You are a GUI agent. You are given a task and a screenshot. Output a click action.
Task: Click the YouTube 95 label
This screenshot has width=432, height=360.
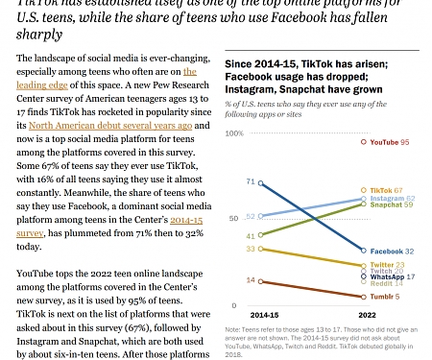pyautogui.click(x=390, y=141)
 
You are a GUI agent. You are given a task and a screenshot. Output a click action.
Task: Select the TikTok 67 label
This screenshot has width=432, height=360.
pyautogui.click(x=386, y=190)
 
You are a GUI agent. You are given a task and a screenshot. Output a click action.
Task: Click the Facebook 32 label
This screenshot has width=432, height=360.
pyautogui.click(x=390, y=251)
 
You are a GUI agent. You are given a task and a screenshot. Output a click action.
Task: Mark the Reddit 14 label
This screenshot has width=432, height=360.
pyautogui.click(x=386, y=283)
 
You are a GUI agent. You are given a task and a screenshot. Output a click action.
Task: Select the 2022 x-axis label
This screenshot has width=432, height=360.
pyautogui.click(x=368, y=314)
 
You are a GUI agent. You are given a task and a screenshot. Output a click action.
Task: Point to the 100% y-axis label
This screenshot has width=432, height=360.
pyautogui.click(x=234, y=132)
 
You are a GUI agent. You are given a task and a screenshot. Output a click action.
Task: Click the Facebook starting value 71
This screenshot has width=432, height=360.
pyautogui.click(x=251, y=181)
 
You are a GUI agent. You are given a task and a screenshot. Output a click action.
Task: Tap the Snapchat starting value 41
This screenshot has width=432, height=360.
pyautogui.click(x=251, y=235)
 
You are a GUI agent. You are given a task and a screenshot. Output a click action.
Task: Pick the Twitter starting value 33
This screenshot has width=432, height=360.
pyautogui.click(x=251, y=249)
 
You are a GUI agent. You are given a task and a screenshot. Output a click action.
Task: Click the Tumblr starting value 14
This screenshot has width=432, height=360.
pyautogui.click(x=251, y=280)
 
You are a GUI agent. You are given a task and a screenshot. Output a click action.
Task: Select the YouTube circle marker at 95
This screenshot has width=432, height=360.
pyautogui.click(x=363, y=141)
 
